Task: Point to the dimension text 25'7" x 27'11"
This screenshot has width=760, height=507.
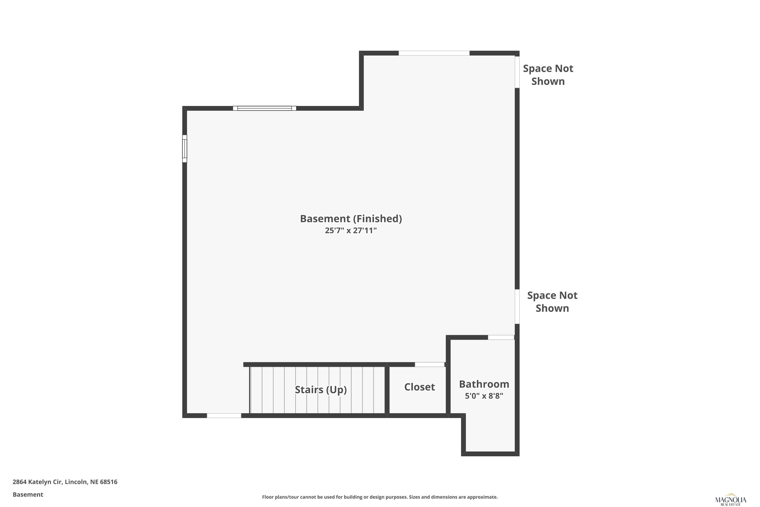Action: [351, 230]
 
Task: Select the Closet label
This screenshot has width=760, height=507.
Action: [420, 387]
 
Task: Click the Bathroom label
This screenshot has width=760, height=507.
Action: [484, 384]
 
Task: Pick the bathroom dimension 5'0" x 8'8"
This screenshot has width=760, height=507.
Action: [484, 396]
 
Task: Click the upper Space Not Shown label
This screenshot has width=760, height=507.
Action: [548, 75]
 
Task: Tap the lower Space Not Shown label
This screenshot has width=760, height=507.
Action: [552, 302]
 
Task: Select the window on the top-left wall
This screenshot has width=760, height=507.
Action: [265, 108]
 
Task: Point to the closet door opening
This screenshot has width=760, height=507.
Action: [429, 365]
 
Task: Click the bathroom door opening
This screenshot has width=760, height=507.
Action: [501, 337]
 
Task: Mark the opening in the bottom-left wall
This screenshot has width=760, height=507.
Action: [224, 415]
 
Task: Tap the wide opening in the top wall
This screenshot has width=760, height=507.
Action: [434, 53]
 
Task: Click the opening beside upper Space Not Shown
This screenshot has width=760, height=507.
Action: [517, 72]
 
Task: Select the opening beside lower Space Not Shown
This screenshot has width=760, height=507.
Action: [517, 306]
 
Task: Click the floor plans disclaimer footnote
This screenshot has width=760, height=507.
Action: [380, 497]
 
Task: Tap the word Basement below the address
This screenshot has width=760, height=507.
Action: [28, 494]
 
